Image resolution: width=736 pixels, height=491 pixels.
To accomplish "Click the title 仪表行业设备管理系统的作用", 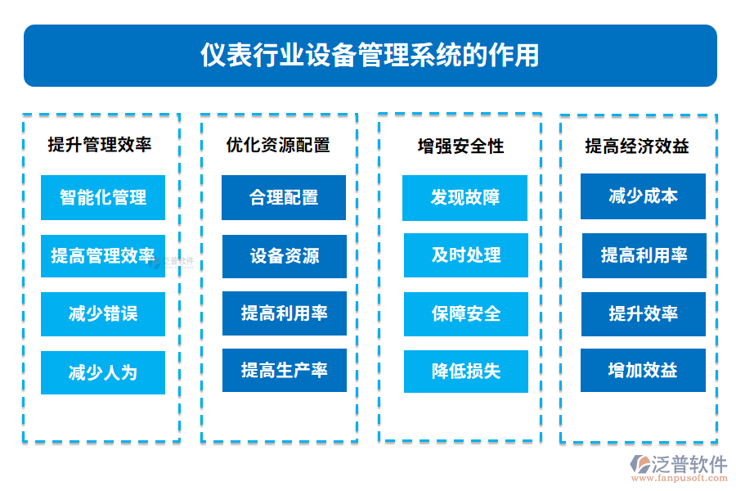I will coord(370,55).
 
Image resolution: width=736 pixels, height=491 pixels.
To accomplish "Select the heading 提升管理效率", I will coord(100,145).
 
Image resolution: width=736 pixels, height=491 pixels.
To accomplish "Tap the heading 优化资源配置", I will coord(278,145).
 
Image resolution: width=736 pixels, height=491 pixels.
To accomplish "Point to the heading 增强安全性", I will coord(460,146).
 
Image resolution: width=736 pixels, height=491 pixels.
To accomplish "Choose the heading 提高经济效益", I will coord(637,146).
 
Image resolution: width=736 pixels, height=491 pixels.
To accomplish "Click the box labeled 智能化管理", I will coord(103,197).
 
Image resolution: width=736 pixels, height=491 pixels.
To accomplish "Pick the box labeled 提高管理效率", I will coord(103,256).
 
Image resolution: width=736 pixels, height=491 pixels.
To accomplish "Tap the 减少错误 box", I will coord(103,314).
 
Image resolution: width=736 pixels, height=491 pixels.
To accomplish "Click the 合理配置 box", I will coord(284,197).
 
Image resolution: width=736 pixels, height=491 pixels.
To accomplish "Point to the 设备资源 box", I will coord(284,256).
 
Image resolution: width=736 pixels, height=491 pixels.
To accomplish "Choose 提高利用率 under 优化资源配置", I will coord(284,313).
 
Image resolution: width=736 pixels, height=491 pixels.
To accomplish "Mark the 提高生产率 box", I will coord(284,371).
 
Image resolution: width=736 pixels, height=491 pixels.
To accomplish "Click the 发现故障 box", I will coord(464,197).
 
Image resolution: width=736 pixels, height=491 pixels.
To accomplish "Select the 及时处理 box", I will coord(465,255).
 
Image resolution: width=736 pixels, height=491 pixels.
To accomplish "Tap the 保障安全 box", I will coord(465,313).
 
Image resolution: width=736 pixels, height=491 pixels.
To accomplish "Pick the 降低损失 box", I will coord(465,372).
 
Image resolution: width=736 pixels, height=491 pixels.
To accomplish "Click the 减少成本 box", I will coord(643,196).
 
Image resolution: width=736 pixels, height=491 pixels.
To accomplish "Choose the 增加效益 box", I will coord(643,371).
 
